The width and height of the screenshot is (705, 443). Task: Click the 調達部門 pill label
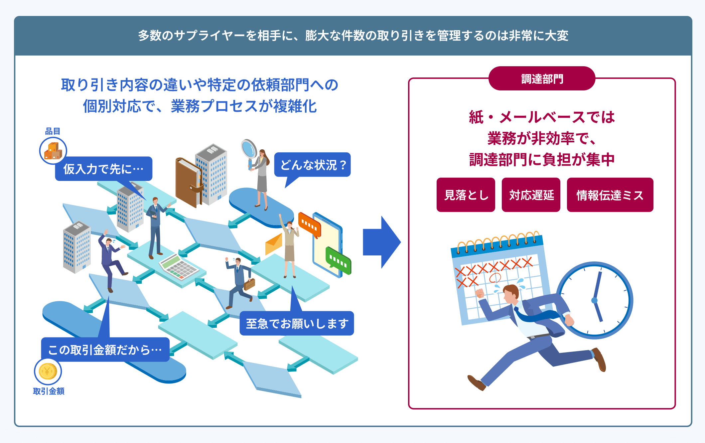point(542,79)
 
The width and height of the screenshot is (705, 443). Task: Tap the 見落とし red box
point(466,195)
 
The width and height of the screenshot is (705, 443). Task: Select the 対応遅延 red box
point(531,195)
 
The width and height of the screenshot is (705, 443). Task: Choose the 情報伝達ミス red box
point(610,195)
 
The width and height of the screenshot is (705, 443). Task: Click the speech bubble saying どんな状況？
point(312,165)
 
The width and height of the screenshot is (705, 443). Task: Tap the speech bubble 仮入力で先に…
point(103,169)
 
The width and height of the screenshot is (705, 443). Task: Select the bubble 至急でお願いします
point(297,323)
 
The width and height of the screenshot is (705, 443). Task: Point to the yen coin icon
point(48,371)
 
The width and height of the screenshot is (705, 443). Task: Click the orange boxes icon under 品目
point(53,151)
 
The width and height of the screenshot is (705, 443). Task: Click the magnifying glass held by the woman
point(248,148)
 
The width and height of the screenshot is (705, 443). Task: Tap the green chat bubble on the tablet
point(338,261)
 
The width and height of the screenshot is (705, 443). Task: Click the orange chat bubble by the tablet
point(309,224)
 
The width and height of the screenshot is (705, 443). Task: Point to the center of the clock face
point(594,300)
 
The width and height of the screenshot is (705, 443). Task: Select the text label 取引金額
point(49,391)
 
